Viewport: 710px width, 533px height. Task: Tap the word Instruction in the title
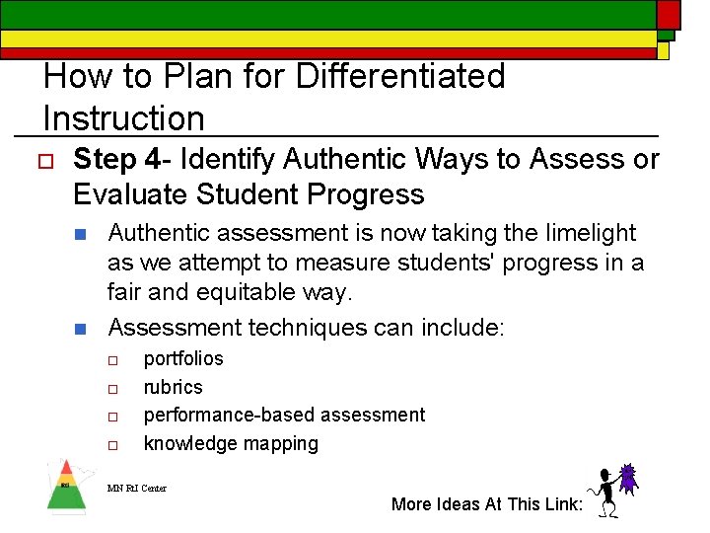pos(123,118)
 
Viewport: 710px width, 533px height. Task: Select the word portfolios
pos(183,358)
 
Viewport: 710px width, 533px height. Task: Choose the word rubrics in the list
pos(173,387)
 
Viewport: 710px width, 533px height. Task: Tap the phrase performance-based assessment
pos(284,415)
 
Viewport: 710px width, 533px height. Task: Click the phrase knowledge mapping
pos(231,443)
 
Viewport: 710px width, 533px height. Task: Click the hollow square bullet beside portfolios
pos(113,360)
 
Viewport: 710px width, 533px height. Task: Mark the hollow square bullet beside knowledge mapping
pos(113,445)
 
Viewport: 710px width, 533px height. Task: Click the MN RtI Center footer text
pos(137,488)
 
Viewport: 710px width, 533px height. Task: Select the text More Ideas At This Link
pos(487,504)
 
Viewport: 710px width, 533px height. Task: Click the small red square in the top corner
pos(669,14)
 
